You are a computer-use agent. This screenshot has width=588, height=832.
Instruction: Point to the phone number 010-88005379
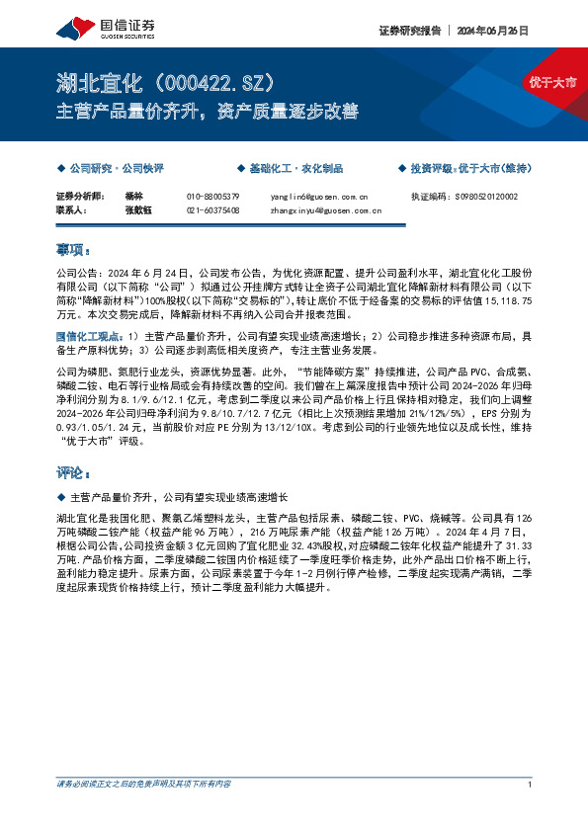[213, 197]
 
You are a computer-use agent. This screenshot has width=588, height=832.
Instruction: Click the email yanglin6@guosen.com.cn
[318, 197]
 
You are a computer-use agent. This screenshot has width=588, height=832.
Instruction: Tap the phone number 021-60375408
[213, 210]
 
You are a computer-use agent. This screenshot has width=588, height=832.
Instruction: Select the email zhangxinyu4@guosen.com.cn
[326, 210]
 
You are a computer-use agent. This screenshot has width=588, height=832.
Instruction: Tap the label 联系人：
[72, 210]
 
